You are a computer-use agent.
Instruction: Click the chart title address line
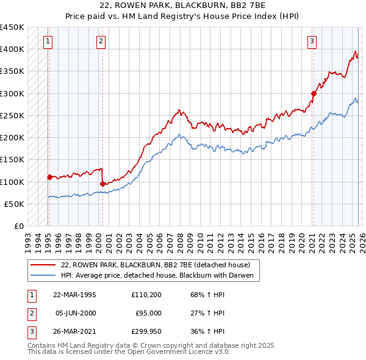[183, 5]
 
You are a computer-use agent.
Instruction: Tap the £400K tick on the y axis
[12, 49]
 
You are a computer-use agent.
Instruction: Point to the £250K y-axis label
[12, 115]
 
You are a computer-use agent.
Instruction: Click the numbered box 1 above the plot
[48, 41]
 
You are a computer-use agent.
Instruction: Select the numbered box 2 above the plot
[101, 41]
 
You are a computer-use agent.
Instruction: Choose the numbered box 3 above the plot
[312, 41]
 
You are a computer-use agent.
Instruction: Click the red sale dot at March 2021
[314, 93]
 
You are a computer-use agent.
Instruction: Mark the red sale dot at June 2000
[102, 184]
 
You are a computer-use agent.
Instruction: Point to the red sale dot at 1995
[49, 177]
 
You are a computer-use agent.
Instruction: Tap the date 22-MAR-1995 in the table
[74, 295]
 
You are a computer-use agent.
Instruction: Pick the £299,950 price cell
[146, 331]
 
